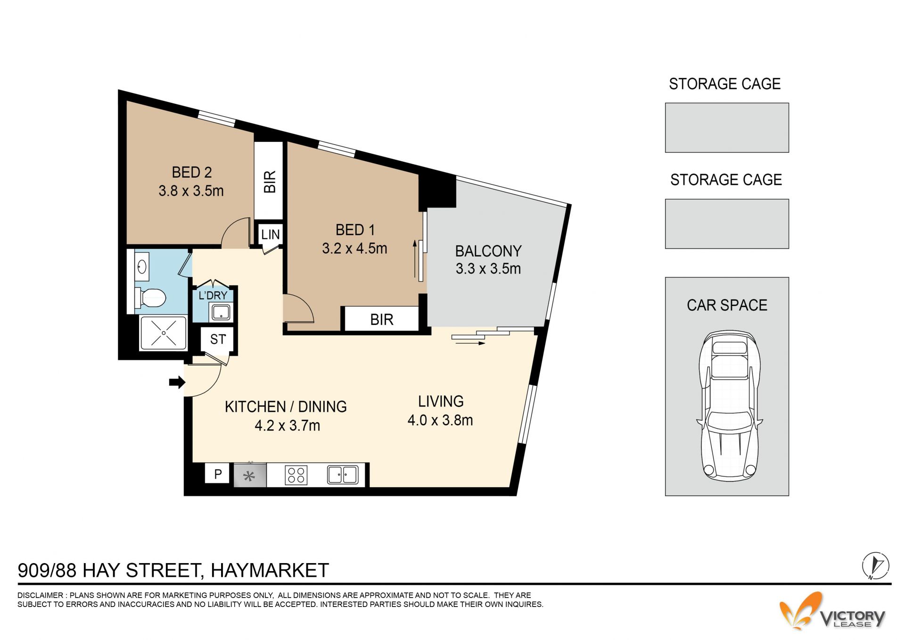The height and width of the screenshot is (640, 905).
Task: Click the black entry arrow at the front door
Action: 177,382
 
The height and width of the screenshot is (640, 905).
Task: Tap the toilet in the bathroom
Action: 151,298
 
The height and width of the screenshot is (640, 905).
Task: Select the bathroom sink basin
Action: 142,267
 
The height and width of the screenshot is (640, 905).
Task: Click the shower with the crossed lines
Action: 164,333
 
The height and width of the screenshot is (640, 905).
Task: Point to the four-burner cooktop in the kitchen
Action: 296,475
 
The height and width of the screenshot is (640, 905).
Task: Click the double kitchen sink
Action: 343,474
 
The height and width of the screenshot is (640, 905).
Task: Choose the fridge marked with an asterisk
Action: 250,475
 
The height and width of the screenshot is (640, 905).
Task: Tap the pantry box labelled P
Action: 217,474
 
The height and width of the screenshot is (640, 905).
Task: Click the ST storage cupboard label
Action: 218,339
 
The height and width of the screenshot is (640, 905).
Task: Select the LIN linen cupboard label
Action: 271,234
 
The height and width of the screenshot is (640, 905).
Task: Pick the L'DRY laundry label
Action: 213,296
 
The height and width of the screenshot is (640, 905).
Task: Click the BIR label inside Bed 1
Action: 382,320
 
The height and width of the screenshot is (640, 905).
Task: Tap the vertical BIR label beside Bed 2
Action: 270,182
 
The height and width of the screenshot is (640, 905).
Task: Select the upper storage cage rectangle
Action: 727,128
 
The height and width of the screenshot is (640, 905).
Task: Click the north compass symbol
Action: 875,565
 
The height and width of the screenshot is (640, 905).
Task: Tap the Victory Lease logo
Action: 832,612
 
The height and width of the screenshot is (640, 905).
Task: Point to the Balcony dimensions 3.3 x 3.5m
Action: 488,269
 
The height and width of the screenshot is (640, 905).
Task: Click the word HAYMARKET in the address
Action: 270,570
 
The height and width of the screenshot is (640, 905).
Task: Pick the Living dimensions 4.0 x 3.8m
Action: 440,420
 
